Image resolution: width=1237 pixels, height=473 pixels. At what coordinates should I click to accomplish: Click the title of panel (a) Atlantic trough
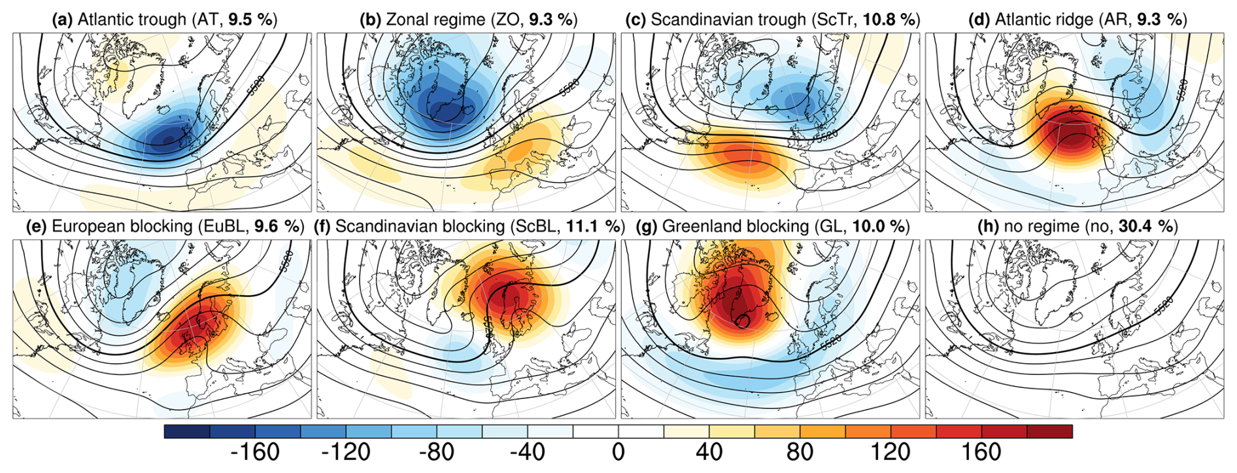coord(165,20)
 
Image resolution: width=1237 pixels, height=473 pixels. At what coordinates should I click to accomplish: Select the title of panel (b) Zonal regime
coord(469,20)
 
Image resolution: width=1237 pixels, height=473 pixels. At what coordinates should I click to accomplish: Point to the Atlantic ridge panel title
coord(1077,20)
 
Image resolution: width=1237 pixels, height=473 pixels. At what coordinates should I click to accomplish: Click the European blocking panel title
coord(165,226)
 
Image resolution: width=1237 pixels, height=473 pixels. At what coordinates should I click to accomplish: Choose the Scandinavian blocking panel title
coord(469,226)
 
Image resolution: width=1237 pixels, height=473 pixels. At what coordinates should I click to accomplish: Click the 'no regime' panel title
coord(1077,226)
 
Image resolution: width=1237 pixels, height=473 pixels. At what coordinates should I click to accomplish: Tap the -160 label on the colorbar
coord(255,452)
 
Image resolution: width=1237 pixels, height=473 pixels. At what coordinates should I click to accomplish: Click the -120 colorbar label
coord(346,452)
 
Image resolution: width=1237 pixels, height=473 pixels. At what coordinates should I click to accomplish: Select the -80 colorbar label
coord(437,452)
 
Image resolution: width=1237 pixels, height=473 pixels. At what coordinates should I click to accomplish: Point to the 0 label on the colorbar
coord(618,452)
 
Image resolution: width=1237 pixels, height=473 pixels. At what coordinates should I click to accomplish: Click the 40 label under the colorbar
coord(709,452)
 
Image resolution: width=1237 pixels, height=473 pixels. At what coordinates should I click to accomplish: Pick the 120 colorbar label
coord(891,452)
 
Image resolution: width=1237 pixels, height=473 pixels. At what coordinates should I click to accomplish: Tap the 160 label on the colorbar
coord(982,452)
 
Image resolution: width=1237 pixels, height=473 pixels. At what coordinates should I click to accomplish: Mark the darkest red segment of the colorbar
coord(1049,432)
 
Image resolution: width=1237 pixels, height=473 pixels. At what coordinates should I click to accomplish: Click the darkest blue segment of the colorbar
coord(187,432)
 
